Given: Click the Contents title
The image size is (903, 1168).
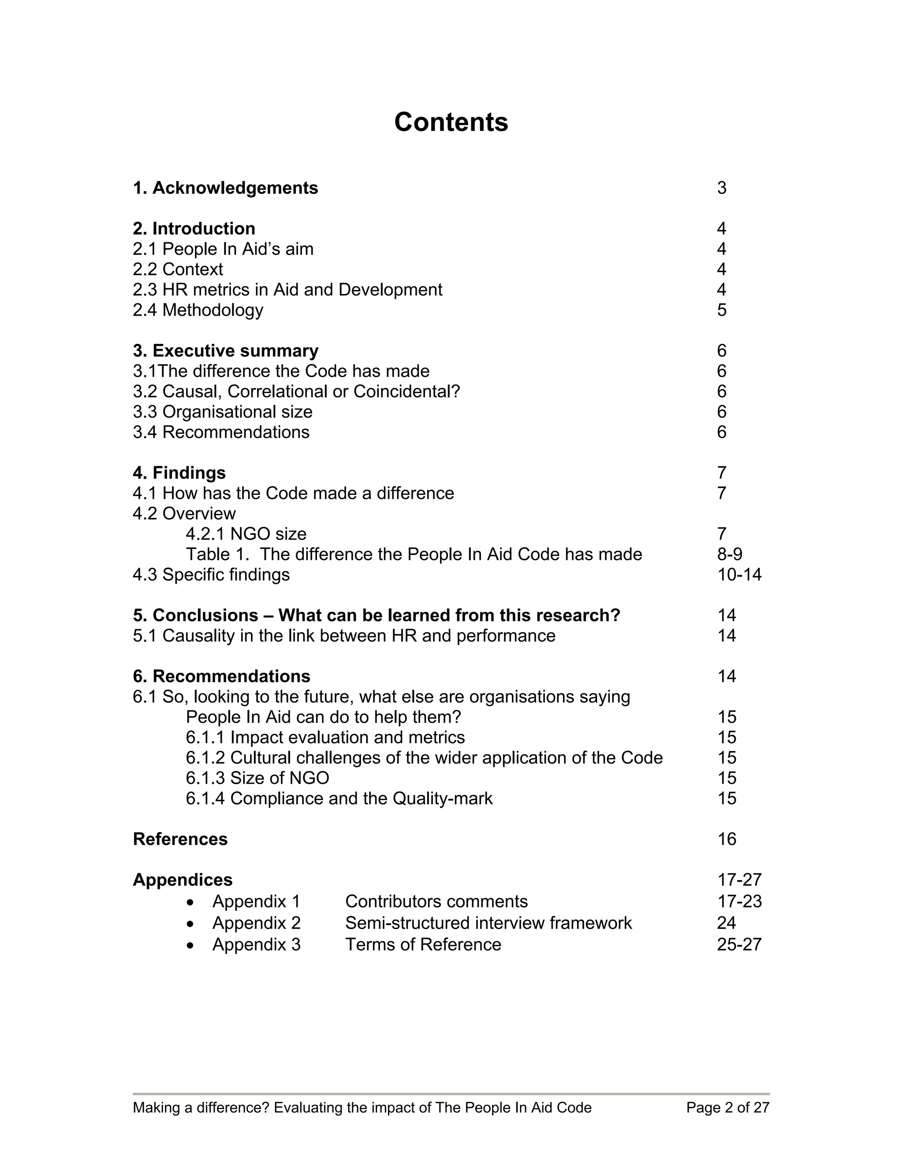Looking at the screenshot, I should [451, 122].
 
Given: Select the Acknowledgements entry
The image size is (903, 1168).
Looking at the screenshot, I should [225, 188].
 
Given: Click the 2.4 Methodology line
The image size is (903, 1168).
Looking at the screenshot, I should [198, 310].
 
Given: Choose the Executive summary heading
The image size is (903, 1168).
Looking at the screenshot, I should [225, 351].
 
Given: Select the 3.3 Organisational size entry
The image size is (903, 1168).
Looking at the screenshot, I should [223, 412].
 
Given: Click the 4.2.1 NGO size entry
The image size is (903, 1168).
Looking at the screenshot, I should [246, 534].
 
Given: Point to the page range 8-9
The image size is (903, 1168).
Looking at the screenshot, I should [729, 554].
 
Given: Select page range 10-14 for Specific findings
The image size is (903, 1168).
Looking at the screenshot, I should [739, 574].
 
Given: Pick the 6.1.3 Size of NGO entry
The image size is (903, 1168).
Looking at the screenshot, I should [257, 778].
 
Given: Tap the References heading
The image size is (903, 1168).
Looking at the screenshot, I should [180, 839].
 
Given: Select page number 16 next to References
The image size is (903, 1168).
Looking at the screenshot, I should [727, 839].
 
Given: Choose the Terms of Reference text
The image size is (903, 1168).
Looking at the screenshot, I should [422, 945].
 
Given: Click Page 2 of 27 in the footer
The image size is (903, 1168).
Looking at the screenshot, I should [728, 1108].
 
